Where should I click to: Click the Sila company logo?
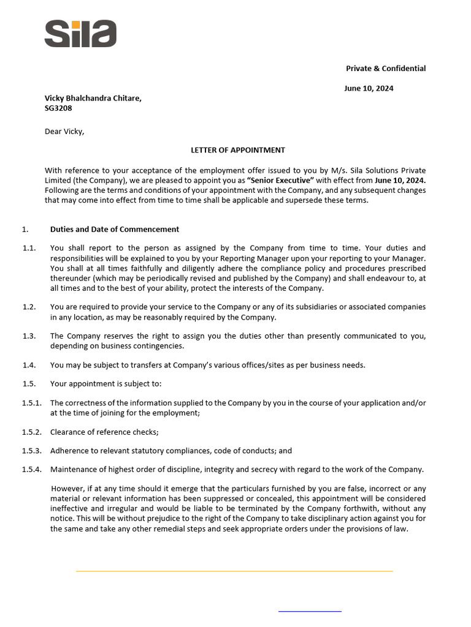(80, 34)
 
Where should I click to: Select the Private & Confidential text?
(385, 69)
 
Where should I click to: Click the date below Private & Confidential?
(369, 88)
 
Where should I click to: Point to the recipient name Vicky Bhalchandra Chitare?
(93, 98)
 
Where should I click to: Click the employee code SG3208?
(58, 108)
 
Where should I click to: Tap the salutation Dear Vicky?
(64, 131)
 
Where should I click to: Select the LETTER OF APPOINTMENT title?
(238, 150)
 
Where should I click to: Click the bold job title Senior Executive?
(280, 180)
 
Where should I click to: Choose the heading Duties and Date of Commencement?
(115, 230)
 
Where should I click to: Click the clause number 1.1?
(29, 248)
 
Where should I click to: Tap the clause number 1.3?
(29, 336)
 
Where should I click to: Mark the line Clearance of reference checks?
(104, 432)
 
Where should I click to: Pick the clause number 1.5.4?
(32, 470)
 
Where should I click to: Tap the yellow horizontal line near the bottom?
(234, 571)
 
